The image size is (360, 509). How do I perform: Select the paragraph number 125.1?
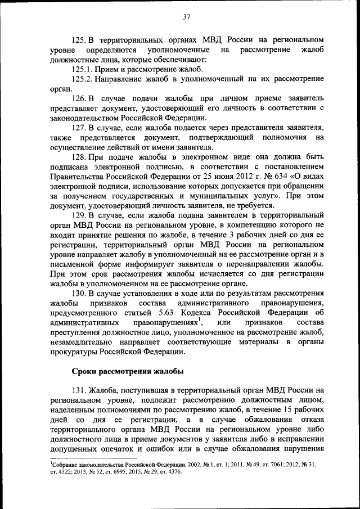83,69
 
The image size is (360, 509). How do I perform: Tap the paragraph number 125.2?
83,79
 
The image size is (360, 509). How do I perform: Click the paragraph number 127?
79,128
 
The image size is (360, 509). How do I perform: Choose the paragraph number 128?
79,157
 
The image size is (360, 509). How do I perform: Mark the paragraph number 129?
79,215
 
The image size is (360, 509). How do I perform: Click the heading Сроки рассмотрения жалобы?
128,371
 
